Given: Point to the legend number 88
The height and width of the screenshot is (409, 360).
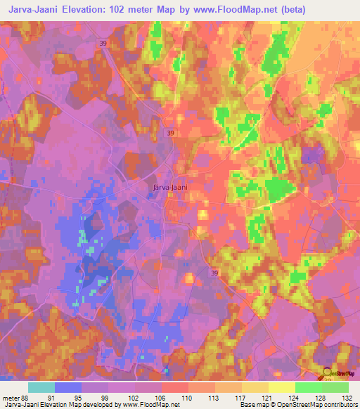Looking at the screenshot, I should pyautogui.click(x=27, y=398).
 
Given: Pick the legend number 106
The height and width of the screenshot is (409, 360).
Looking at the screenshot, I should pyautogui.click(x=162, y=398).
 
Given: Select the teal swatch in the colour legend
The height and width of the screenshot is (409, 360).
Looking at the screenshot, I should pyautogui.click(x=41, y=387).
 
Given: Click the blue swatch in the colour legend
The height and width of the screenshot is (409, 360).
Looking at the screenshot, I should pyautogui.click(x=68, y=387).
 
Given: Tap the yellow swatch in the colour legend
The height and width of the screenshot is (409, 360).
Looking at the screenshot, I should pyautogui.click(x=282, y=387).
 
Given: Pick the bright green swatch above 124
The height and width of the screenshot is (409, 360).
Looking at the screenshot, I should pyautogui.click(x=309, y=387).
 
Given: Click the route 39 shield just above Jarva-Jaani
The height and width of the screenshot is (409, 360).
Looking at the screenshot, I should pyautogui.click(x=171, y=131).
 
